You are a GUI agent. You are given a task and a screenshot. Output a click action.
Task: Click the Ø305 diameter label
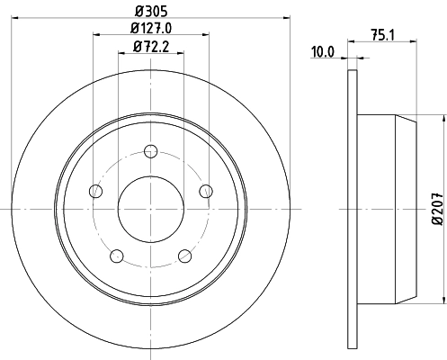151,10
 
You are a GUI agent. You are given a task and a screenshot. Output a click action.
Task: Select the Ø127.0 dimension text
151,28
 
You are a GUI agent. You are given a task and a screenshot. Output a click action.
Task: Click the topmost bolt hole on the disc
150,151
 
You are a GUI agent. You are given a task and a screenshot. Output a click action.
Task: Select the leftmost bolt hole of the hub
95,190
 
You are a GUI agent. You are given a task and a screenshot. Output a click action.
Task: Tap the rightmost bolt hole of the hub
206,190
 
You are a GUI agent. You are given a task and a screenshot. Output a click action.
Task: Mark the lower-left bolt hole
116,255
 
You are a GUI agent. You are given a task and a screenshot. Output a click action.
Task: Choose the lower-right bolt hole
184,255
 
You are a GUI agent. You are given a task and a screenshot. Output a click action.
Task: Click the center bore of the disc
150,210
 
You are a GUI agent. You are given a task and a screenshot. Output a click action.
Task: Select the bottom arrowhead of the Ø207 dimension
444,302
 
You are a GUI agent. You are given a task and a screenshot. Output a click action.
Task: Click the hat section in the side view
387,210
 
